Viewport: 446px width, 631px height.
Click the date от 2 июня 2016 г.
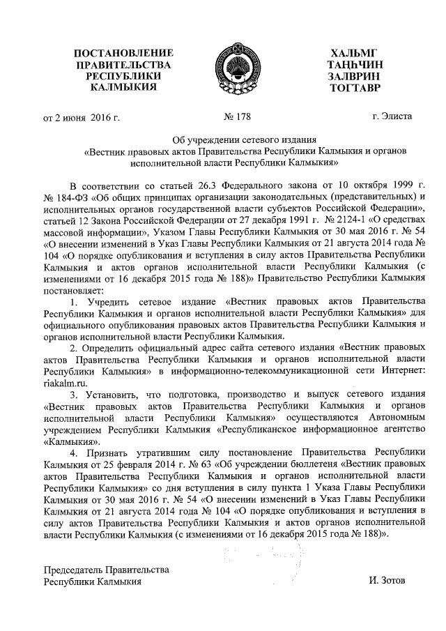coord(82,116)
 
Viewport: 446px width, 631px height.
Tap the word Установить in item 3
coord(113,394)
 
